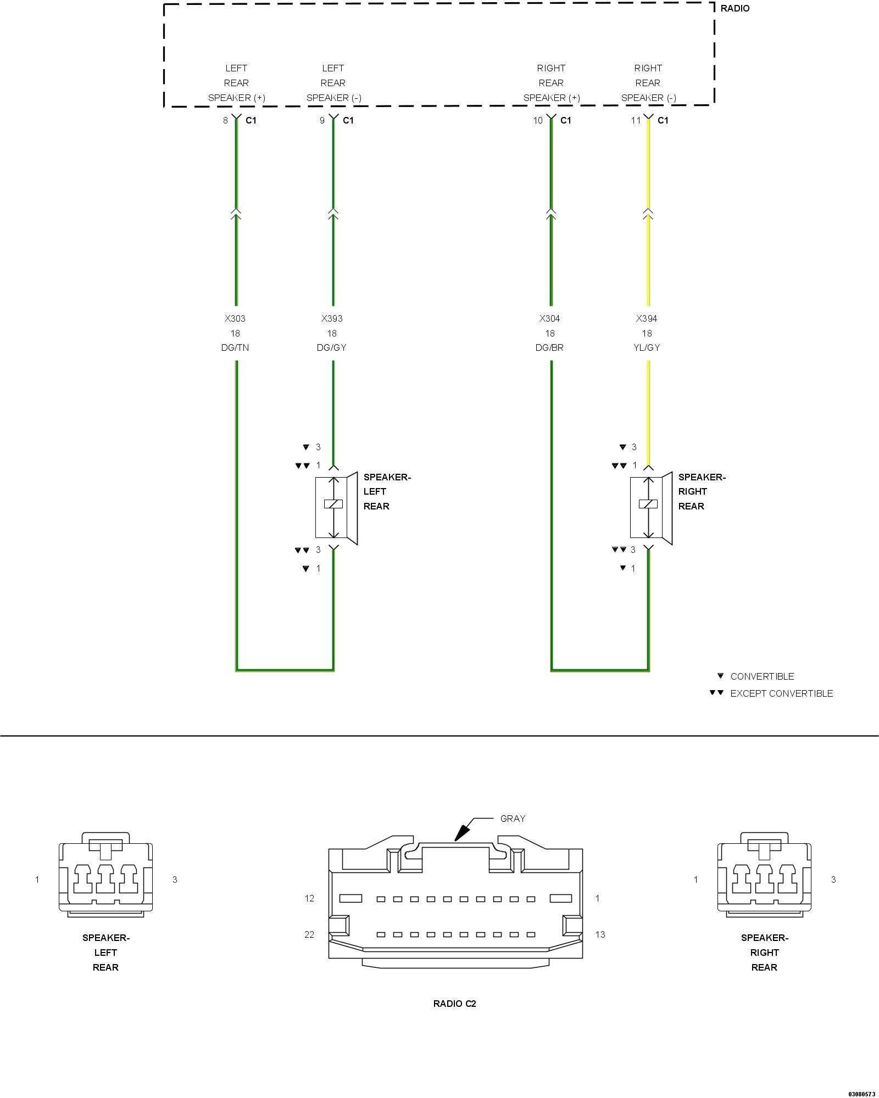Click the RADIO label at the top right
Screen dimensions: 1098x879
pos(735,9)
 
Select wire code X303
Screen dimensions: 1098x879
pos(235,318)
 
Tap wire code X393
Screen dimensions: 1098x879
pos(332,318)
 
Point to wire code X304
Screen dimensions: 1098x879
pos(550,318)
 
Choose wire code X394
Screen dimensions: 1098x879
pos(647,318)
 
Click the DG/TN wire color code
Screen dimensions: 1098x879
pos(235,348)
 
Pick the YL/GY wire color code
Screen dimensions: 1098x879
pos(647,348)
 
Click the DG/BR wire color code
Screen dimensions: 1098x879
pos(550,348)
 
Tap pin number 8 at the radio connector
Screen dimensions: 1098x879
pos(225,120)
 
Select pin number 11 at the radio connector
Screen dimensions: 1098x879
pos(636,120)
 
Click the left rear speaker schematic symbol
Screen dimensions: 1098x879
pos(335,507)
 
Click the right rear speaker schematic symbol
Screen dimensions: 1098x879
pos(650,507)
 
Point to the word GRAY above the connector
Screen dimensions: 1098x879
pos(513,819)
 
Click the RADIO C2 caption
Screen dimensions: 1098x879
pos(455,1004)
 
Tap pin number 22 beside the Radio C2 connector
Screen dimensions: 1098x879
pos(309,934)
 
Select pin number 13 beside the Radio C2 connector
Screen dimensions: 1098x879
pos(600,934)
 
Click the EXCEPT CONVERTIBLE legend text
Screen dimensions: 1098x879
pos(781,693)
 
